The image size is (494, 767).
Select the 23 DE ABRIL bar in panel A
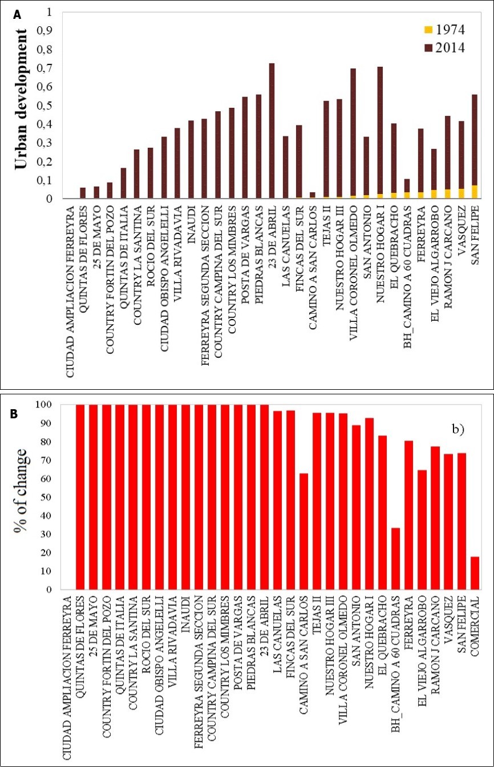pyautogui.click(x=272, y=131)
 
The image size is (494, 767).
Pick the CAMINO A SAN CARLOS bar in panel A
pyautogui.click(x=312, y=196)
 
